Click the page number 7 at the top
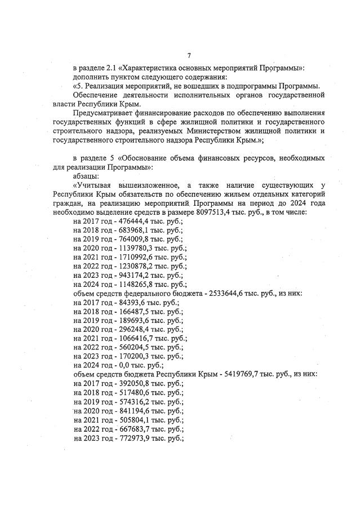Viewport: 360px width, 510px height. [x=189, y=55]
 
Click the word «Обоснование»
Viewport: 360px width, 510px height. [x=148, y=158]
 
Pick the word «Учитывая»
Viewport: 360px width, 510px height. [x=91, y=185]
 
